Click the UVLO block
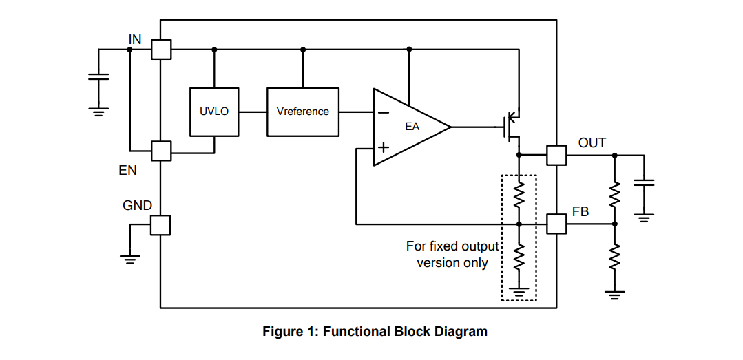click(214, 112)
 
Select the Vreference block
click(303, 112)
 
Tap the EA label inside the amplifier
click(412, 127)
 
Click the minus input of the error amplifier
click(384, 113)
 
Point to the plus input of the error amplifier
click(384, 147)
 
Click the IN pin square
click(161, 50)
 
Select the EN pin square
click(161, 151)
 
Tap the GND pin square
click(160, 225)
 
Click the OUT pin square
click(556, 155)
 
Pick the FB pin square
click(556, 224)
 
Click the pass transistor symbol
click(512, 126)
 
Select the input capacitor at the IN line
click(98, 76)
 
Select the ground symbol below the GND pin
click(129, 260)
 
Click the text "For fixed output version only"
click(452, 255)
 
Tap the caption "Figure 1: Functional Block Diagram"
click(375, 331)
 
